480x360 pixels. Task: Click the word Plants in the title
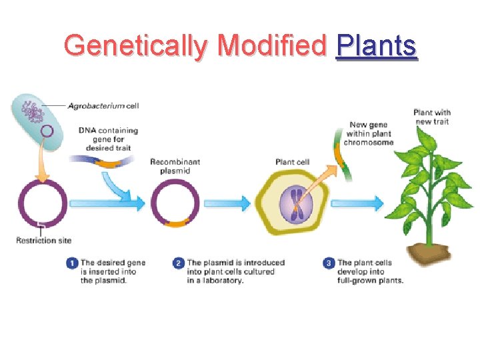click(377, 46)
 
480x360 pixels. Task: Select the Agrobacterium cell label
click(107, 105)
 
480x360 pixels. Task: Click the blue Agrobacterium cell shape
click(37, 120)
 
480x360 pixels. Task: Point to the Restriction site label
click(44, 240)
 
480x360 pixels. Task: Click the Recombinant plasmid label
click(175, 166)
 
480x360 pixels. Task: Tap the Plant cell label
click(291, 162)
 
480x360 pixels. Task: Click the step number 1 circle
click(72, 264)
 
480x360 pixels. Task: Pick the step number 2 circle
click(179, 264)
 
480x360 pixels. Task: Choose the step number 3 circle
click(329, 264)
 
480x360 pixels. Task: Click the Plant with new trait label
click(431, 117)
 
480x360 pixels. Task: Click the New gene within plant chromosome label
click(369, 133)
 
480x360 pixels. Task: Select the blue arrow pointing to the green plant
click(366, 203)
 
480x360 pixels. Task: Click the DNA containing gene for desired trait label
click(108, 139)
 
